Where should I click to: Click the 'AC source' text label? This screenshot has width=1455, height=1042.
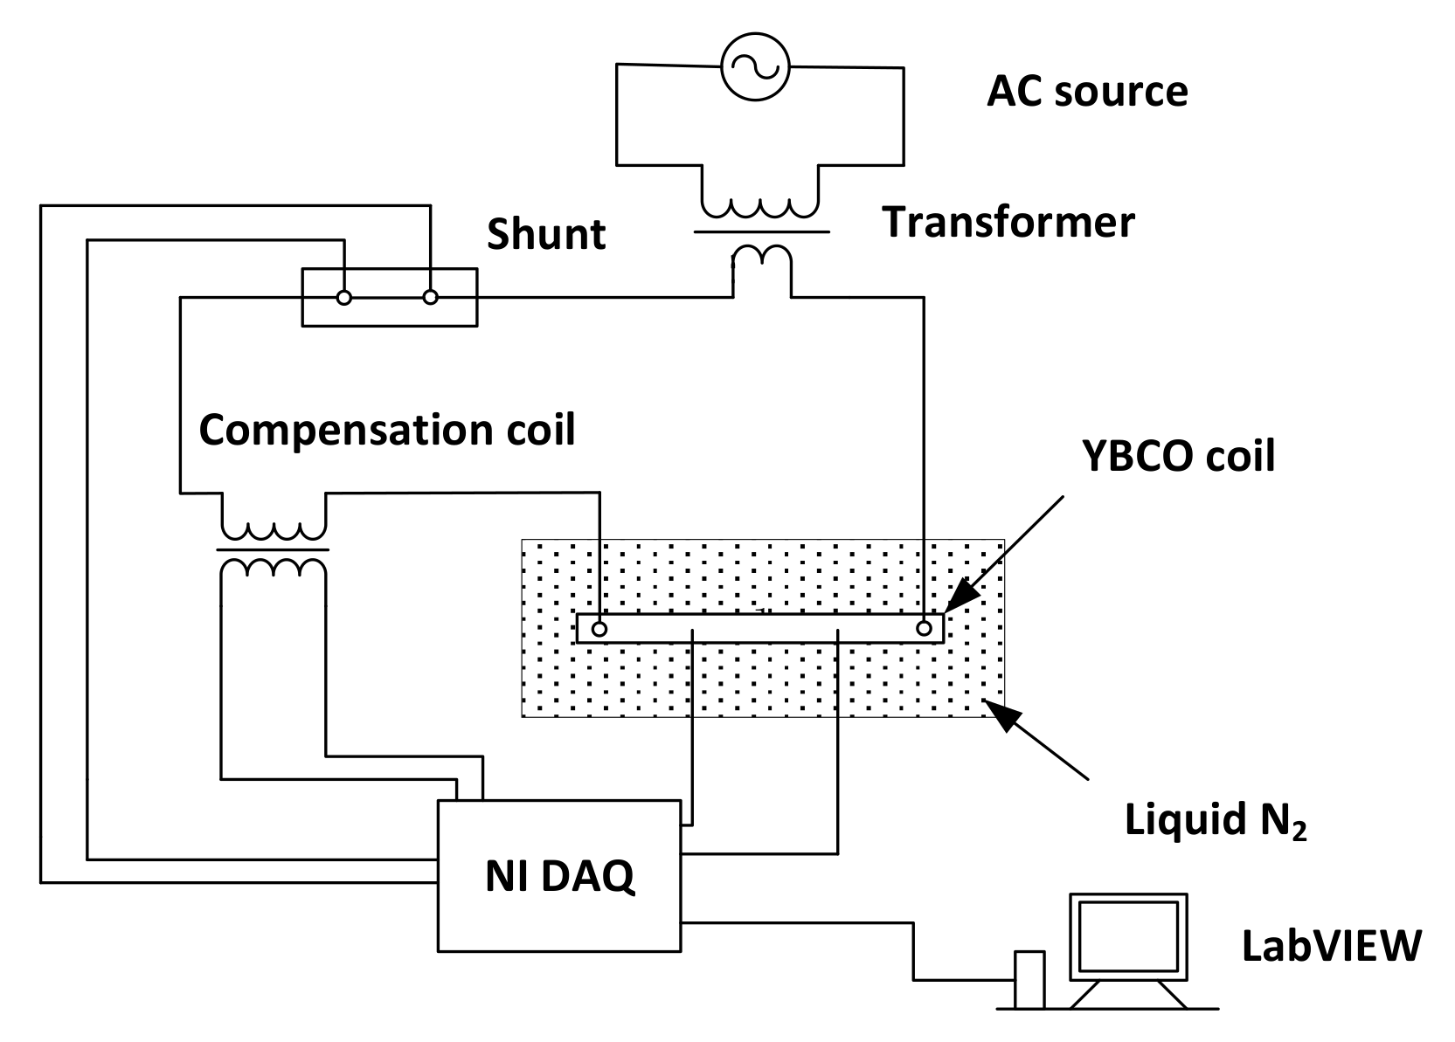1087,91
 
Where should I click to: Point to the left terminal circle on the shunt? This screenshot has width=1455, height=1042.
344,298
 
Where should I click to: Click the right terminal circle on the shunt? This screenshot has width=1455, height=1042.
430,297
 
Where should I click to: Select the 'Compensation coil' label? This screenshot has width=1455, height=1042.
387,431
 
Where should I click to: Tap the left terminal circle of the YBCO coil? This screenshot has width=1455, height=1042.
599,629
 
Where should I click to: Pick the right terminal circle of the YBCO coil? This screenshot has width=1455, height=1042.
924,629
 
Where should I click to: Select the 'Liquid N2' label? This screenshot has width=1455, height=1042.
1216,821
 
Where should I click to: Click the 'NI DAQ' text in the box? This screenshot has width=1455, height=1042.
560,876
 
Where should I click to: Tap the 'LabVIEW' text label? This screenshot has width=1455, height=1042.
1333,945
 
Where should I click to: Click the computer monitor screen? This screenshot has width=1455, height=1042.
1128,936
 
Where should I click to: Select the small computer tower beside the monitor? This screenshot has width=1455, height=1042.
1029,980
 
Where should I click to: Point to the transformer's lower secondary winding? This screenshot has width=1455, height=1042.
762,257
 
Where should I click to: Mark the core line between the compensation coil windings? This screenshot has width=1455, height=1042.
273,550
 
